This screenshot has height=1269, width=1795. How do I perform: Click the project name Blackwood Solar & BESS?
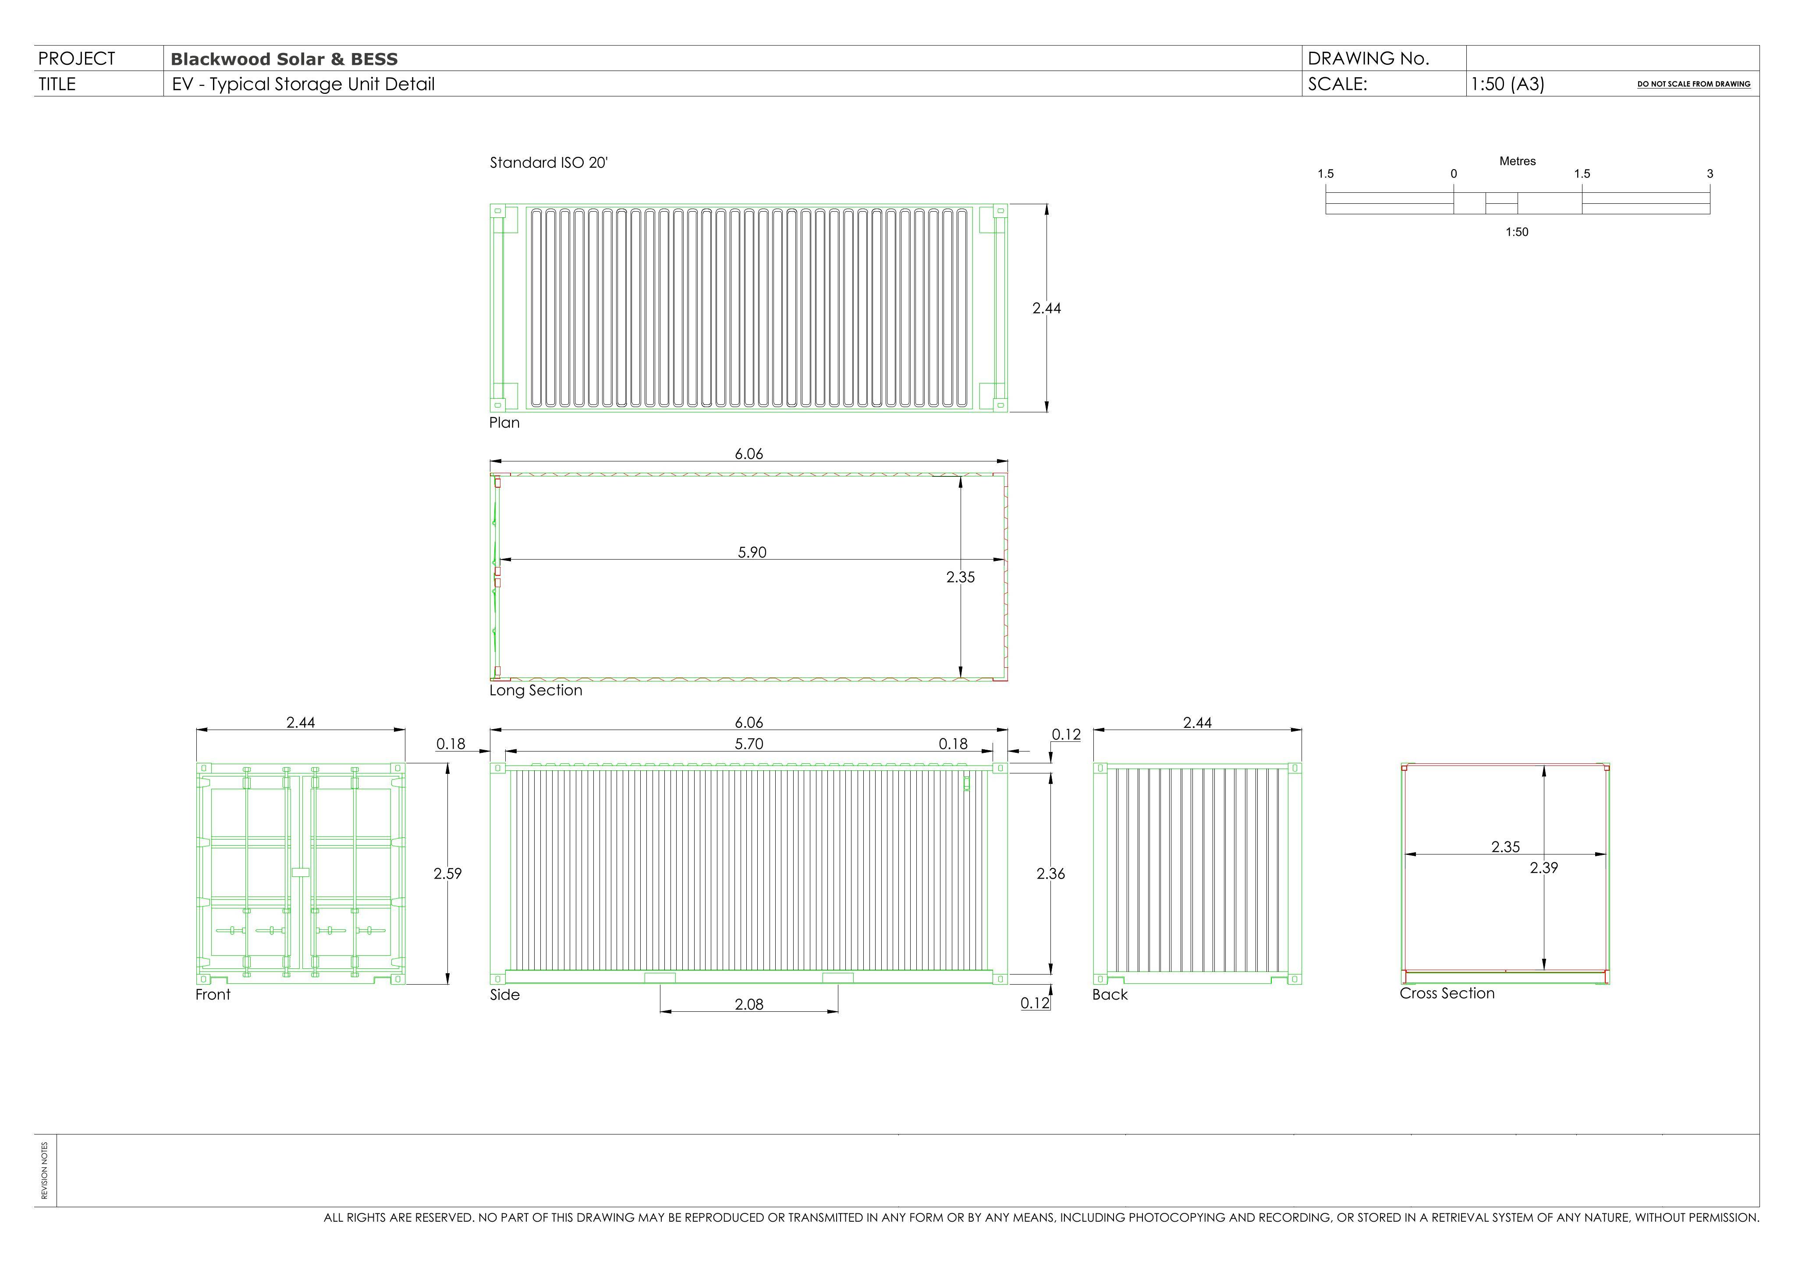click(284, 60)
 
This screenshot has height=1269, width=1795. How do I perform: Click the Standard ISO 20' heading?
click(549, 163)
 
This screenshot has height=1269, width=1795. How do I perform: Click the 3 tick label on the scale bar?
click(1710, 174)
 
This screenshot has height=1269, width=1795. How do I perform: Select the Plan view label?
click(504, 422)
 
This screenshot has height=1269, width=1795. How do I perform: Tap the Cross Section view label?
click(1447, 993)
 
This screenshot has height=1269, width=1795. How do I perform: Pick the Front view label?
click(213, 995)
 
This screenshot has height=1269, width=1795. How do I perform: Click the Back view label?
click(1110, 995)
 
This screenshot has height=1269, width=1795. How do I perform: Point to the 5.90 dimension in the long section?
click(752, 552)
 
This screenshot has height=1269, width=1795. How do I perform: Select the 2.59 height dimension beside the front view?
click(448, 873)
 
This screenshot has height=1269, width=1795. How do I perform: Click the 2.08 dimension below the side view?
click(749, 1004)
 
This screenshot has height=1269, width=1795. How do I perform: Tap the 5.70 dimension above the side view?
click(749, 744)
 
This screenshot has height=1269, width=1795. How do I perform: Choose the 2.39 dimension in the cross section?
click(1544, 867)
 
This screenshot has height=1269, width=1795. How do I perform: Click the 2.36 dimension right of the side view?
click(1051, 873)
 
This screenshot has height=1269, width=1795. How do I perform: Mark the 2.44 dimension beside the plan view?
click(1047, 308)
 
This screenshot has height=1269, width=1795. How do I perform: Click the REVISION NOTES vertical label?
click(45, 1170)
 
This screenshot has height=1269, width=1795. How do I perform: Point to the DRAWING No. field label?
click(1368, 59)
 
